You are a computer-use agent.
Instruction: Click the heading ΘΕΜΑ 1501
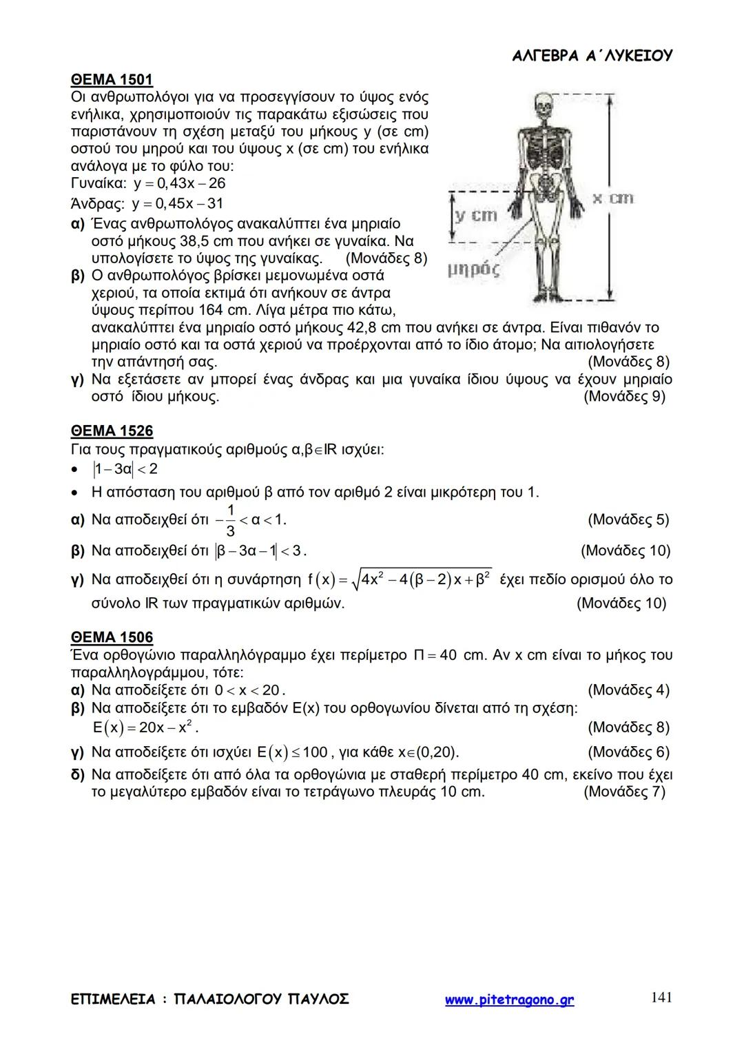112,79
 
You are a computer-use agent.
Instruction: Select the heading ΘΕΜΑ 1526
112,431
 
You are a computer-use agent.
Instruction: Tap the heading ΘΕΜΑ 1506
112,637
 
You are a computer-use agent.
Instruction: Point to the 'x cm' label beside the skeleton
612,198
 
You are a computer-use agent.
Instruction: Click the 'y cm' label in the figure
475,216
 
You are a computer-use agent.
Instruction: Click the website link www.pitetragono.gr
509,1000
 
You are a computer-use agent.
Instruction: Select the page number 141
661,997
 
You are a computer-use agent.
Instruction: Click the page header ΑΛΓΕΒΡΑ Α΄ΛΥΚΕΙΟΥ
592,56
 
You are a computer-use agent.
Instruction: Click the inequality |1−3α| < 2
124,470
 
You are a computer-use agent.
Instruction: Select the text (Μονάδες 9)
624,397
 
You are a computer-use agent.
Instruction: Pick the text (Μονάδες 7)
624,792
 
